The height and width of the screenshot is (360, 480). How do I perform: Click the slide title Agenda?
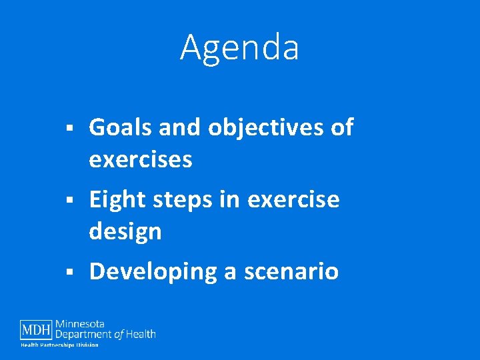tap(239, 47)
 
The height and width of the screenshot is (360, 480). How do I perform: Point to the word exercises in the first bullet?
tap(141, 159)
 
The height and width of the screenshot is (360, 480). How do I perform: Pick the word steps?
tap(181, 199)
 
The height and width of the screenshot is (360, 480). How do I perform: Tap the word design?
tap(125, 231)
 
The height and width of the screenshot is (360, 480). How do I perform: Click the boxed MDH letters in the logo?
tap(37, 330)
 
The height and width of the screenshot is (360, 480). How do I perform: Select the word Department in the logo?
tap(83, 334)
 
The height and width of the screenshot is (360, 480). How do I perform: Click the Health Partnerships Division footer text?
tap(59, 345)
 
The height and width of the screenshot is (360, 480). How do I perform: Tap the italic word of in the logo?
tap(118, 334)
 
